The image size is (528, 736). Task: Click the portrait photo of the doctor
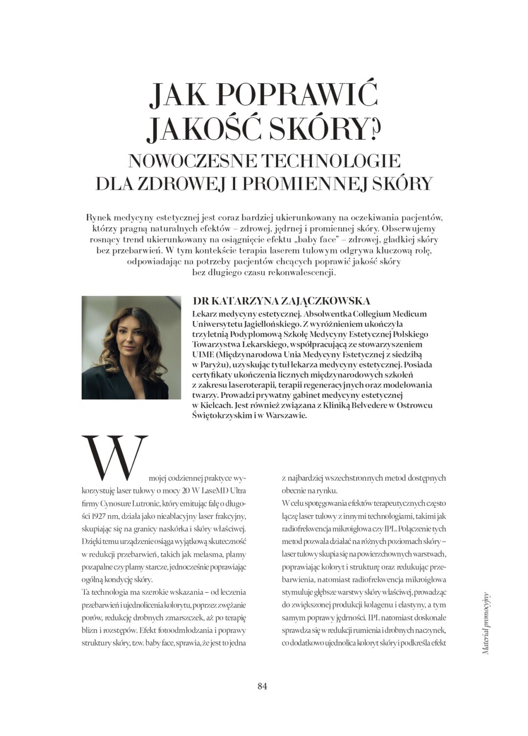click(x=131, y=347)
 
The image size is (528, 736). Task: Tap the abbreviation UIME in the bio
click(x=203, y=354)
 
